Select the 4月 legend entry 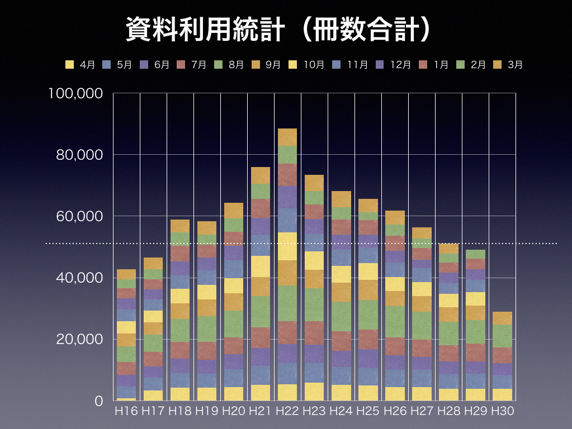coord(81,64)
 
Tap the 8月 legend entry coord(229,64)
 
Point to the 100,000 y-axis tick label coord(75,93)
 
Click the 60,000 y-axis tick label coord(79,216)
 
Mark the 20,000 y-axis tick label coord(79,339)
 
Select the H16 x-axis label coord(126,411)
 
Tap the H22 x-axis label coord(287,411)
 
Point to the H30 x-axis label coord(502,411)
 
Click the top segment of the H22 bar coord(287,137)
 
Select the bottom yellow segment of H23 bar coord(314,392)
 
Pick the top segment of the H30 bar coord(502,318)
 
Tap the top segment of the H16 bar coord(126,274)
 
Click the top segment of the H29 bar coord(475,254)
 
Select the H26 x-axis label coord(395,411)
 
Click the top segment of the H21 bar coord(261,175)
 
